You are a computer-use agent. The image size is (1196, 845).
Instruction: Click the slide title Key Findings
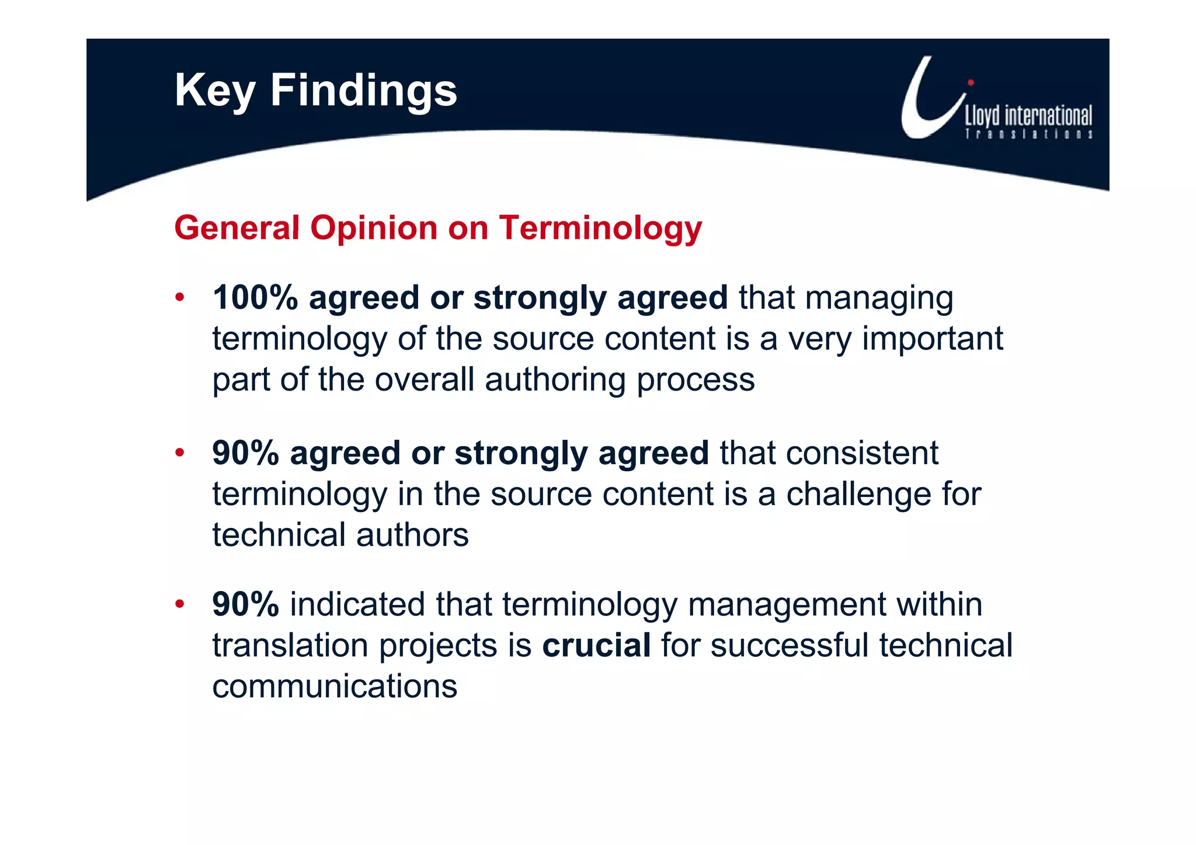click(x=315, y=91)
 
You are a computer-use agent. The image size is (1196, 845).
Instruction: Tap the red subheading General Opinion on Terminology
click(x=438, y=228)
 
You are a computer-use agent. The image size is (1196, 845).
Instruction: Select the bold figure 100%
click(x=255, y=298)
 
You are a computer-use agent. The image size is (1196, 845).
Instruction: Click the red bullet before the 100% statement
click(x=180, y=297)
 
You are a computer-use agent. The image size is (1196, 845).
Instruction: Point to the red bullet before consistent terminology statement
click(x=180, y=453)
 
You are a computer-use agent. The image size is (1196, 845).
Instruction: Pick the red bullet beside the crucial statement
click(x=180, y=604)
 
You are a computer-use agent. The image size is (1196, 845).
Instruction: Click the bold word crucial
click(x=596, y=645)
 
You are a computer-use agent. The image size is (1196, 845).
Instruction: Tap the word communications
click(x=335, y=686)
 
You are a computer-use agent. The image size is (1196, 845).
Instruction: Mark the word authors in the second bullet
click(x=412, y=535)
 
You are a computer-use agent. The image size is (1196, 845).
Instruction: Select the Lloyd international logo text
click(x=1028, y=116)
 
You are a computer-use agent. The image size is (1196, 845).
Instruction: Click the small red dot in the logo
click(x=971, y=82)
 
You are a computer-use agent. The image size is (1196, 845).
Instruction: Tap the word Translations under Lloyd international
click(x=1028, y=134)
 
